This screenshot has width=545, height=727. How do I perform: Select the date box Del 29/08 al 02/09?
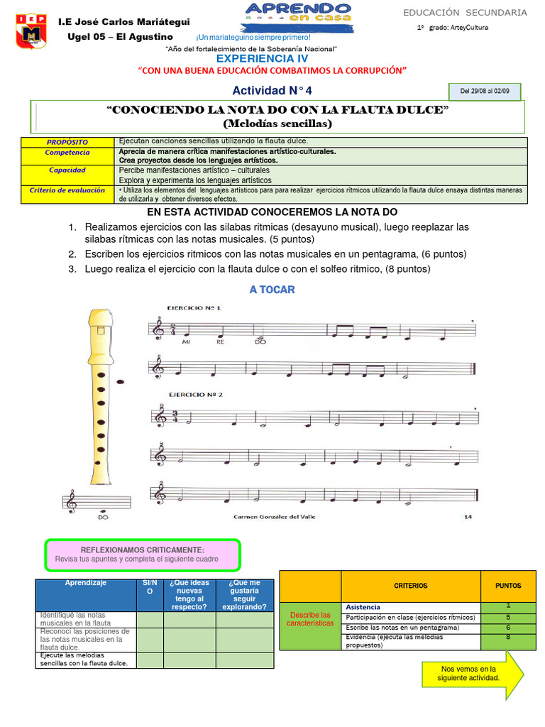(x=485, y=92)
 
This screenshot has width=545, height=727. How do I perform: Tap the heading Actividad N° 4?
(x=272, y=91)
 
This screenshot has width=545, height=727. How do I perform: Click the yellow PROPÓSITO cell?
(x=68, y=142)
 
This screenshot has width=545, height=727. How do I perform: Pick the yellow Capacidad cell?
(x=67, y=170)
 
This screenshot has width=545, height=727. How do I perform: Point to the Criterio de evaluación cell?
(x=67, y=190)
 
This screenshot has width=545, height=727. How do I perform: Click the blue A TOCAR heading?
(x=272, y=290)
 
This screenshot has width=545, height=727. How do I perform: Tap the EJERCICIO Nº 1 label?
(x=194, y=308)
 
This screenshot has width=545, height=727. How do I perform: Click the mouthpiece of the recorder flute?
(x=99, y=319)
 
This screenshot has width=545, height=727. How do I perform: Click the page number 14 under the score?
(x=467, y=517)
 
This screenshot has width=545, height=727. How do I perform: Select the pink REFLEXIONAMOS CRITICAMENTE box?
(x=143, y=554)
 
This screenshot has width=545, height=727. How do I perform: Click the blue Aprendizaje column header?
(x=86, y=582)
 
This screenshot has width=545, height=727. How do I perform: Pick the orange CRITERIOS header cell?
(x=410, y=586)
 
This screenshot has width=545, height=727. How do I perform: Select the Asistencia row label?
(x=363, y=607)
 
